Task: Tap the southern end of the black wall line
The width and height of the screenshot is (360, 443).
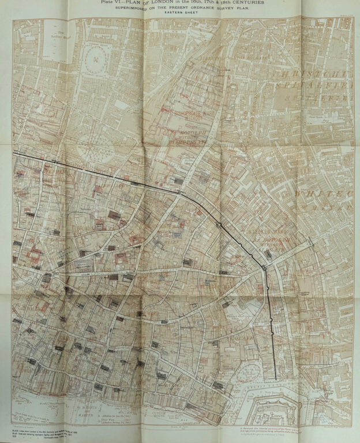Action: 275,378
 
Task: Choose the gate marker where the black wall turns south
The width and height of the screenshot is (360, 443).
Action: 264,267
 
